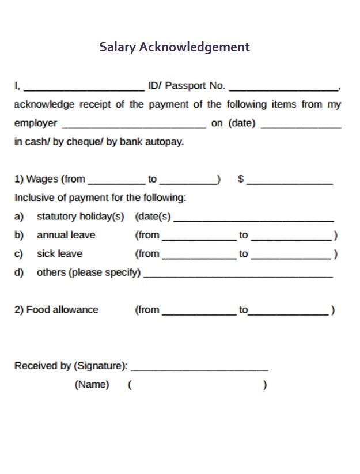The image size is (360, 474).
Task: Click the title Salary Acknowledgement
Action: [x=175, y=47]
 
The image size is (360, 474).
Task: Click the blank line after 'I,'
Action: [x=84, y=89]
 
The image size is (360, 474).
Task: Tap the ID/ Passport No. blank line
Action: [x=283, y=89]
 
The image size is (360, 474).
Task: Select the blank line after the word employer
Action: [x=133, y=126]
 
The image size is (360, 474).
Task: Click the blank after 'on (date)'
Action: [x=301, y=126]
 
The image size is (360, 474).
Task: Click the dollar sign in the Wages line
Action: [x=241, y=179]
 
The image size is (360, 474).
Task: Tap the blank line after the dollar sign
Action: [x=289, y=182]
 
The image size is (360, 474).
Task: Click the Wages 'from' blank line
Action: [x=116, y=182]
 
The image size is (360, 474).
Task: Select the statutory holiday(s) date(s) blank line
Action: [x=253, y=219]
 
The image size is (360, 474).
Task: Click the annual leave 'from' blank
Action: [x=199, y=238]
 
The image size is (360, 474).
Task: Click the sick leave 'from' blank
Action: [x=199, y=257]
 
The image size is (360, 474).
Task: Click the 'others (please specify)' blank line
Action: [x=238, y=275]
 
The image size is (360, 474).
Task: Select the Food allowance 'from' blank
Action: [x=199, y=313]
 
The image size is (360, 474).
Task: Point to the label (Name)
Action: [x=92, y=385]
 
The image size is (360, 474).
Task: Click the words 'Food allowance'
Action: [x=62, y=310]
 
